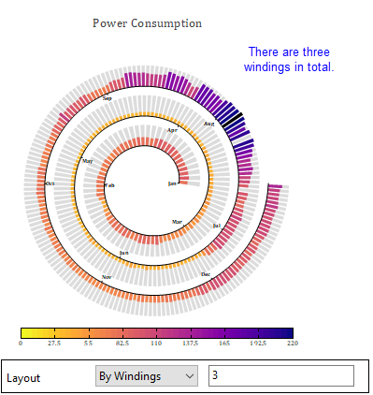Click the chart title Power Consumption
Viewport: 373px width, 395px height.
[147, 22]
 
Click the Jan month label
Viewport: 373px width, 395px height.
[171, 183]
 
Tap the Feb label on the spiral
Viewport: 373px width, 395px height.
[110, 185]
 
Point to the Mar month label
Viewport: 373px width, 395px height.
[178, 221]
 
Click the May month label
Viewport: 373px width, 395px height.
[88, 161]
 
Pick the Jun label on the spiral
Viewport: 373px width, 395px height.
[123, 252]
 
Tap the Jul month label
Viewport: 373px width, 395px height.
[217, 226]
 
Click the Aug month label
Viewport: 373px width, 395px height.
[209, 124]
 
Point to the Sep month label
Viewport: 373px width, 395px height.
[107, 97]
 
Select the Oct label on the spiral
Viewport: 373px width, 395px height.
[50, 183]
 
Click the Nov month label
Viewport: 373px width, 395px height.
[107, 277]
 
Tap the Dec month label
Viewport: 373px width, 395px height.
[206, 274]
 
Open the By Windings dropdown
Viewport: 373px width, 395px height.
[147, 376]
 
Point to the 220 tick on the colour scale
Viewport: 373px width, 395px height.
[292, 344]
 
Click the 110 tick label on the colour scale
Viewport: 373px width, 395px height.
[156, 344]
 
